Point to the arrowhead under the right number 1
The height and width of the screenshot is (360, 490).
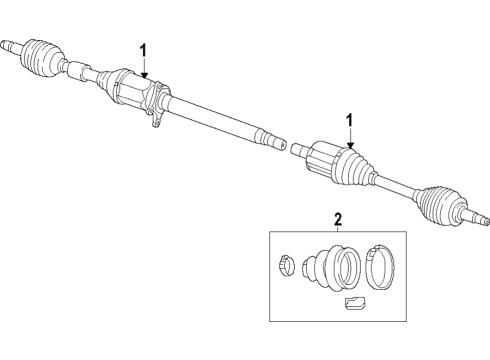point(350,147)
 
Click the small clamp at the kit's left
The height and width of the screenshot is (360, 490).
point(285,267)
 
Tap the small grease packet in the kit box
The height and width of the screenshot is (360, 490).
point(355,305)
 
